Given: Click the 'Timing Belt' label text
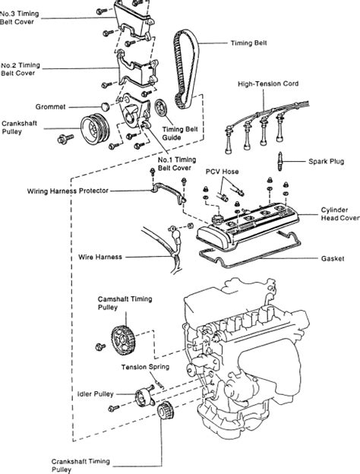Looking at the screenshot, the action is click(x=249, y=43).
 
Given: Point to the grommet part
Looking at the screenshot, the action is click(x=105, y=106).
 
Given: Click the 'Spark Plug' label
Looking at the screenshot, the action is click(x=326, y=162).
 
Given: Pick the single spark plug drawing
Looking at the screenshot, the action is click(x=280, y=162).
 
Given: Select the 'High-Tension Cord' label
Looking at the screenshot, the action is click(x=268, y=84).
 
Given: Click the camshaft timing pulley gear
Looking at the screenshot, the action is click(x=123, y=340).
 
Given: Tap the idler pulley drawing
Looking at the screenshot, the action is click(x=144, y=397).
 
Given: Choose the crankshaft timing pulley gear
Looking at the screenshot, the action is click(x=165, y=411).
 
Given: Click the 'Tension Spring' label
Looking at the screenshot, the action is click(x=145, y=367).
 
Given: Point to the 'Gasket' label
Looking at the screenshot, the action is click(x=333, y=259).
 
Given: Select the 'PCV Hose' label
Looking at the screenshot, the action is click(x=223, y=172).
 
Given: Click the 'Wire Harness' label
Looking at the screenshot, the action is click(x=100, y=258).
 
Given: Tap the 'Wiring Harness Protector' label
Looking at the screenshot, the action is click(x=68, y=191).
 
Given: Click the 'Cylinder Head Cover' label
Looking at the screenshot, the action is click(x=339, y=213).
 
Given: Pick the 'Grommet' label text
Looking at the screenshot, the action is click(x=50, y=106).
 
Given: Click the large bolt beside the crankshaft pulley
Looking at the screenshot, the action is click(x=65, y=139).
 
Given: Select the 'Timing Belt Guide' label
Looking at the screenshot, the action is click(x=180, y=134).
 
